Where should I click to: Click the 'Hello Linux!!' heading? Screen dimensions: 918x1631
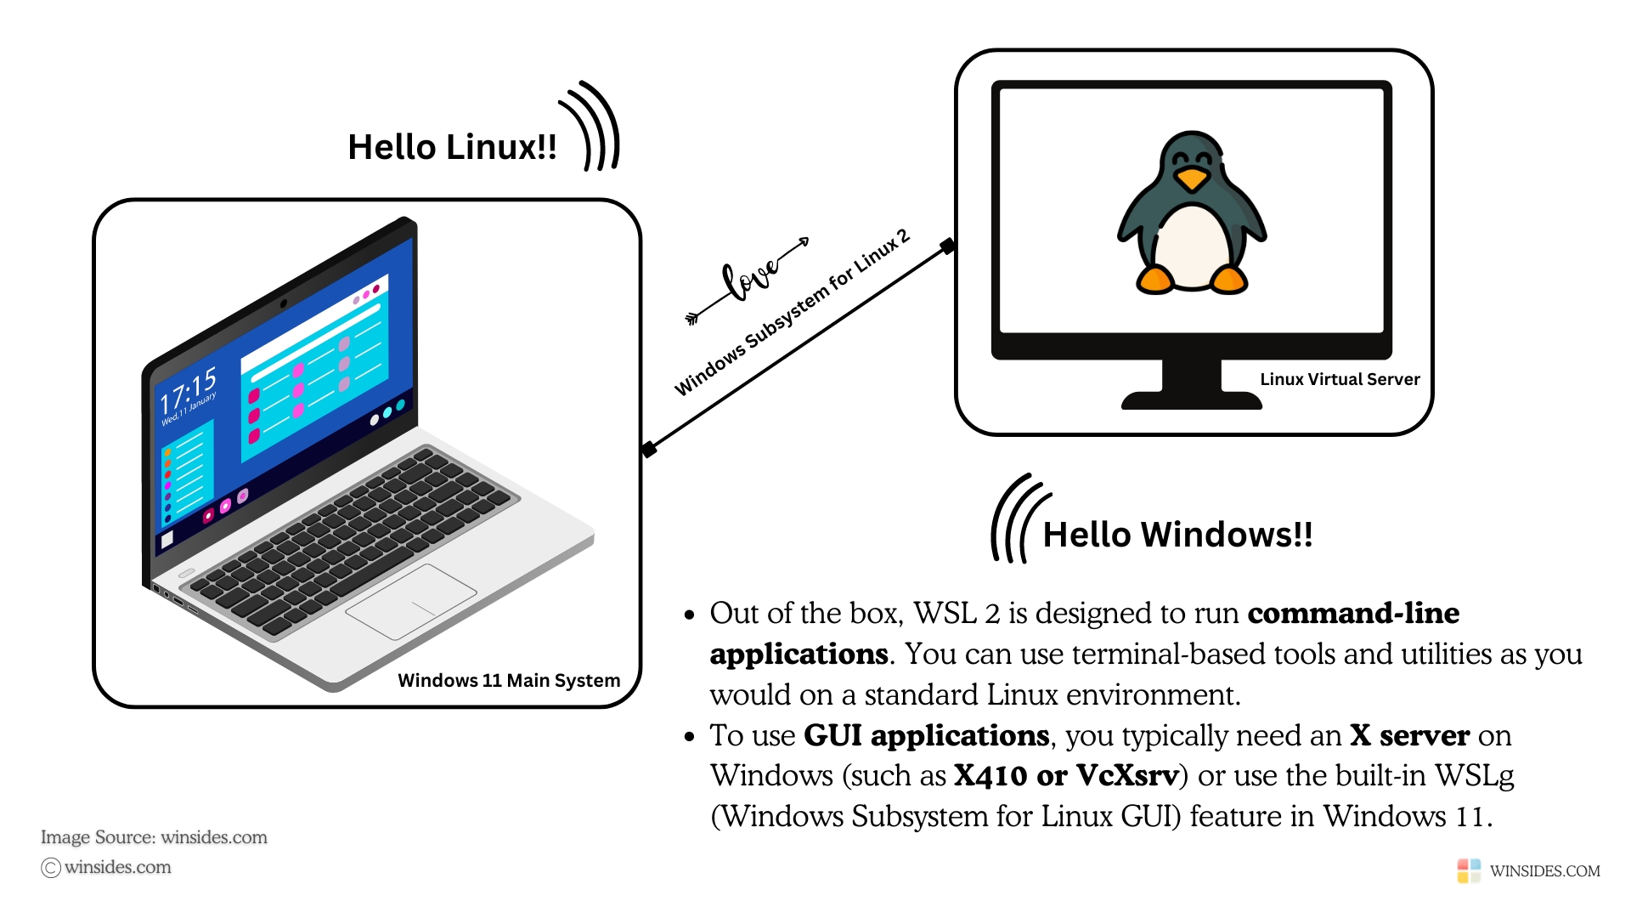pyautogui.click(x=452, y=147)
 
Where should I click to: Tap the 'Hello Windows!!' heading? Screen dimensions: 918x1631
pyautogui.click(x=1177, y=535)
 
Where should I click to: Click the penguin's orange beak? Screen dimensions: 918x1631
pyautogui.click(x=1192, y=178)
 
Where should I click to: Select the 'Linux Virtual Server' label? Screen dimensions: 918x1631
pyautogui.click(x=1340, y=379)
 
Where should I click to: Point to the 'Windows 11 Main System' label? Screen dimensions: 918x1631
pyautogui.click(x=509, y=680)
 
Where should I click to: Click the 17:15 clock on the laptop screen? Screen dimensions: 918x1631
pyautogui.click(x=188, y=390)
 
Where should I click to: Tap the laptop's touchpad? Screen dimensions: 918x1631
pyautogui.click(x=412, y=600)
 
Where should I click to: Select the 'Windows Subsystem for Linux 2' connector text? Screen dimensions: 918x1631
pyautogui.click(x=792, y=313)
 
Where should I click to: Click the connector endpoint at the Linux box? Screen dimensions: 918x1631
pyautogui.click(x=947, y=246)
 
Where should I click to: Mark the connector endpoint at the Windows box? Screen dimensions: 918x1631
pyautogui.click(x=649, y=449)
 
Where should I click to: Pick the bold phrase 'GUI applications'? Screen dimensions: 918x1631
pyautogui.click(x=926, y=735)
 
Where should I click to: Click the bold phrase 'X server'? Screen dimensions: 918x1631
pyautogui.click(x=1409, y=735)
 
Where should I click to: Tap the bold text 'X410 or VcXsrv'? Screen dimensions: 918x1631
pyautogui.click(x=1066, y=775)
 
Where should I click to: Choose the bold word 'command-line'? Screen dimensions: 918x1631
pyautogui.click(x=1353, y=613)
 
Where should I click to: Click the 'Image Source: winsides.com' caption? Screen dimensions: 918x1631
pyautogui.click(x=154, y=837)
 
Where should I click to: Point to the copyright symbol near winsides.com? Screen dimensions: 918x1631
pyautogui.click(x=51, y=867)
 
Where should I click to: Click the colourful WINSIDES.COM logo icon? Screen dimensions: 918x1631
pyautogui.click(x=1469, y=870)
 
